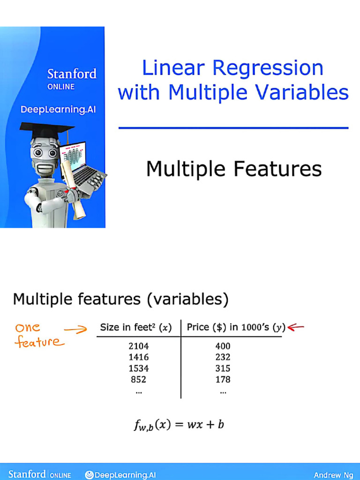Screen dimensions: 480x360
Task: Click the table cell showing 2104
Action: click(138, 346)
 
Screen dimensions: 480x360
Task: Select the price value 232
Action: click(223, 357)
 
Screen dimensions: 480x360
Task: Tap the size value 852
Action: click(138, 379)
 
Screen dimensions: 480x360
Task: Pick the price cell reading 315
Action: click(223, 368)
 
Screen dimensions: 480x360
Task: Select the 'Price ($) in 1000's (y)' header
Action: click(236, 328)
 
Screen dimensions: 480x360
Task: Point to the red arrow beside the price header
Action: click(296, 327)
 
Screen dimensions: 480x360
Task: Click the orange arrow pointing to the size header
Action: click(75, 330)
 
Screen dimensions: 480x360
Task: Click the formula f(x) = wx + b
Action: click(179, 425)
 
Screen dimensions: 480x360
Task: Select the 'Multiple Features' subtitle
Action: click(233, 169)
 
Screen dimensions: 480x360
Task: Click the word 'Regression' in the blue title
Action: click(268, 68)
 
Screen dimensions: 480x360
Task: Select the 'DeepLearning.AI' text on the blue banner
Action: click(58, 109)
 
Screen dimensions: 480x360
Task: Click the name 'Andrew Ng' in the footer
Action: click(334, 475)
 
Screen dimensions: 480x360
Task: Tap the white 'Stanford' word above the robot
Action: click(72, 74)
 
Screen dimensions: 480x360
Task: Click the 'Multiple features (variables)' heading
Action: click(120, 299)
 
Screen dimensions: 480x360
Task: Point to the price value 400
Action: click(223, 346)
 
